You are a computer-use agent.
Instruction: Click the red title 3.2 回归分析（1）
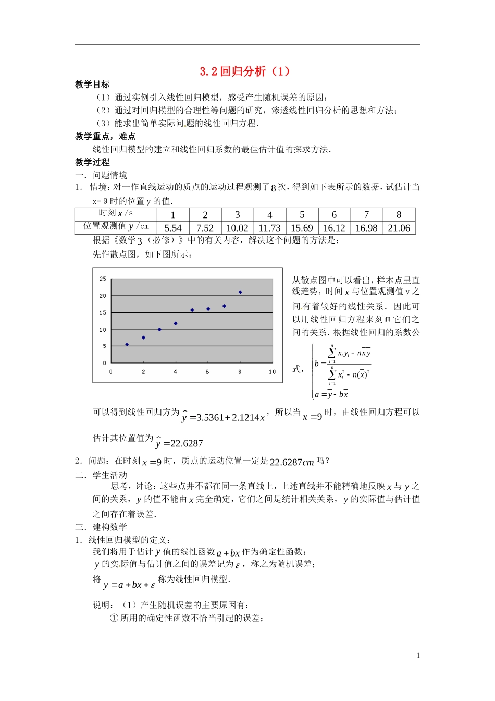245,71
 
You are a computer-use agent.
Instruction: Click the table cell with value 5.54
173,228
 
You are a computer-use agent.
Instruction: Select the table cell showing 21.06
399,228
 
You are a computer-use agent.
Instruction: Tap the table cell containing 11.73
269,228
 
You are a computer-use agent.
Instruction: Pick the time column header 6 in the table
334,215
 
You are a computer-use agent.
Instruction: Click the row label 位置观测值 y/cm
116,226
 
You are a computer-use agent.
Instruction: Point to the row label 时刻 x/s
116,213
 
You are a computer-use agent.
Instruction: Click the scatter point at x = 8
240,292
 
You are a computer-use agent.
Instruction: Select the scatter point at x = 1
127,344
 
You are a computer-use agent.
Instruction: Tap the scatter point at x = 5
192,310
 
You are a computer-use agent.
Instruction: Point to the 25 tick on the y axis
103,279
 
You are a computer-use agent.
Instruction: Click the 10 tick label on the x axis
272,372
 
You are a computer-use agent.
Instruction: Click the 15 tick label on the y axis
103,313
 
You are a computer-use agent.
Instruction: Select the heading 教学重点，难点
105,136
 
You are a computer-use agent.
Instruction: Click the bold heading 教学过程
92,162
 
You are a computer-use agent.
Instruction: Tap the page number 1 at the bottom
418,656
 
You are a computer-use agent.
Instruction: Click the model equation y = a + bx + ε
129,585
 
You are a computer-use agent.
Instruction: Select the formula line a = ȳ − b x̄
331,394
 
